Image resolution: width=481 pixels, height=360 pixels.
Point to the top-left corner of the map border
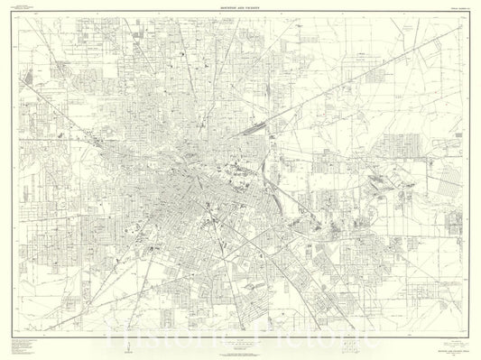15,12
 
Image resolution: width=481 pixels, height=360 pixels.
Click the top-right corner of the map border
467,12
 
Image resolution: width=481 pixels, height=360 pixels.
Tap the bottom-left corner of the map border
15,330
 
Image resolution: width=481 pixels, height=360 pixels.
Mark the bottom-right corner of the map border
467,330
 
